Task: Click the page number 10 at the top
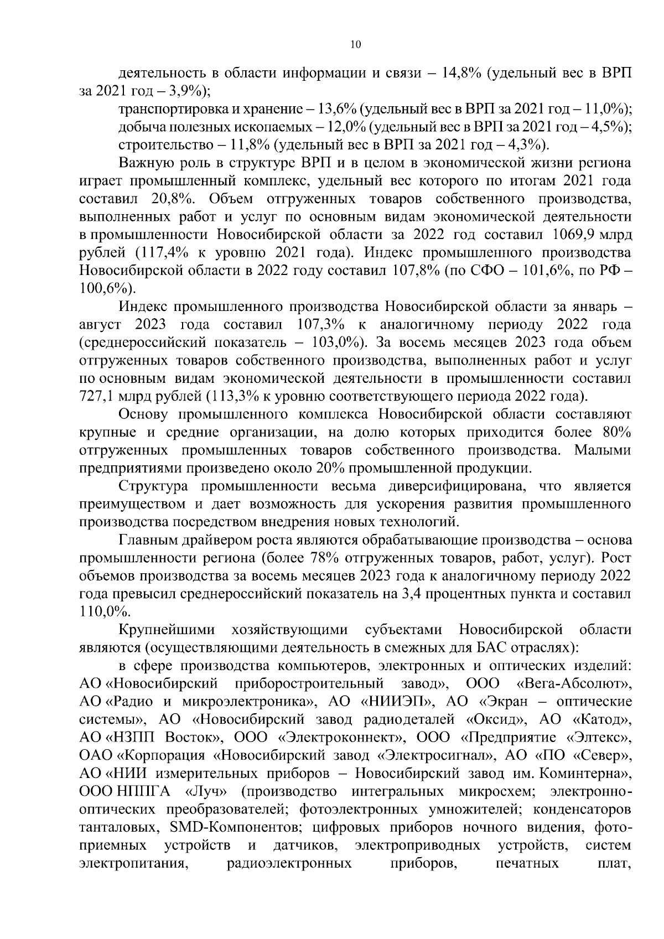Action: pos(356,45)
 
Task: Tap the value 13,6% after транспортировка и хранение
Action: pos(340,109)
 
